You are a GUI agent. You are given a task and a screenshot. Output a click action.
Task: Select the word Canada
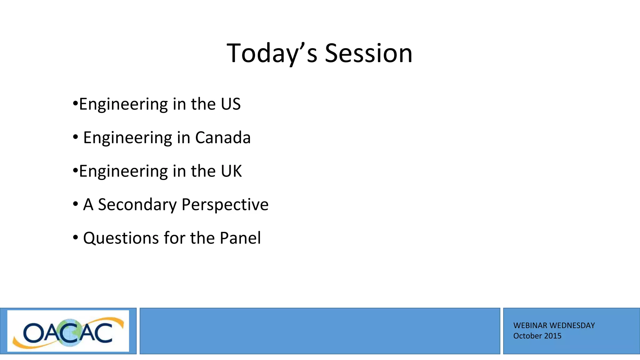223,138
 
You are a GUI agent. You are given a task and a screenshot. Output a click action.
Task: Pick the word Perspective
225,205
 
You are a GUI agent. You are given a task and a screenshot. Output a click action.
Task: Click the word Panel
240,238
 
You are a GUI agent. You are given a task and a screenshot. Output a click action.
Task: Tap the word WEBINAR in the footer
530,326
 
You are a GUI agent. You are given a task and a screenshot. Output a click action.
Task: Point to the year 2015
553,336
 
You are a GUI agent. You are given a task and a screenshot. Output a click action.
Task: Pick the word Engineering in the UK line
123,172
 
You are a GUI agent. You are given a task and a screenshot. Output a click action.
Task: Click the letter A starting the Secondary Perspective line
88,205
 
